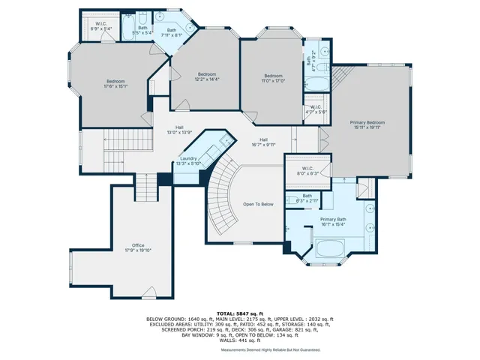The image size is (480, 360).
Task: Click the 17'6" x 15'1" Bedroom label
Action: coord(115,84)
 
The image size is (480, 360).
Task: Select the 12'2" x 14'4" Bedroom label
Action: coord(207,76)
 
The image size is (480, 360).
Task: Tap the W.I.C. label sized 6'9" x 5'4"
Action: coord(100,25)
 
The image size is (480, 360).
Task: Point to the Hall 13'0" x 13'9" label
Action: coord(179,130)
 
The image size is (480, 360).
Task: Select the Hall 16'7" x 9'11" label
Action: coord(264,142)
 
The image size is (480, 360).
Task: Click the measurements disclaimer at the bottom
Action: coord(270,350)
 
